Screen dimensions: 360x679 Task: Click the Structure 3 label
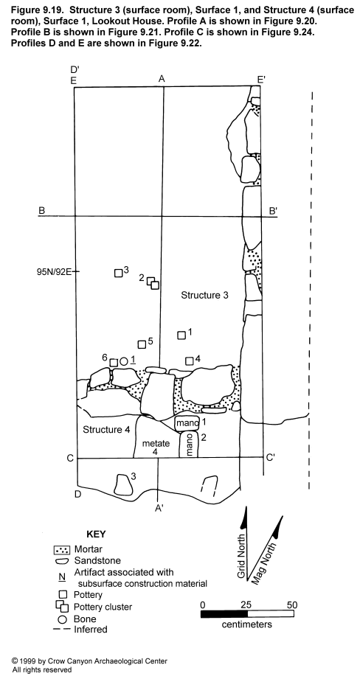coord(204,296)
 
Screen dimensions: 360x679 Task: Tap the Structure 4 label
coord(106,430)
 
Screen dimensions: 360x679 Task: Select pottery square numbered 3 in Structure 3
coord(118,274)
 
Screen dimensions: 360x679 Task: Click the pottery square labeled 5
coord(141,344)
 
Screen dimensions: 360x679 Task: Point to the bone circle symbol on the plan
coord(123,361)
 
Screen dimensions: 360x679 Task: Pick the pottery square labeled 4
coord(190,361)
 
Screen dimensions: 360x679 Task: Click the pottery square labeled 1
coord(181,335)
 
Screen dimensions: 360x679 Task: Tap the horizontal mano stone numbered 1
coord(187,422)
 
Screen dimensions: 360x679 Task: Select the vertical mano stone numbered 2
coord(188,444)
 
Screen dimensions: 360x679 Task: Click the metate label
coord(156,444)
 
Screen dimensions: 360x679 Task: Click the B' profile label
coord(274,211)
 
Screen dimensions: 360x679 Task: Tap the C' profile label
coord(270,458)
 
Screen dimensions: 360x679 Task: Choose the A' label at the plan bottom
coord(159,509)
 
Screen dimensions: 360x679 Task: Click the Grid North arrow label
coord(242,557)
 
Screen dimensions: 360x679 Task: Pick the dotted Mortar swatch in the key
coord(61,550)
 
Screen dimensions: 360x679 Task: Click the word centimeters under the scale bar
coord(247,624)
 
